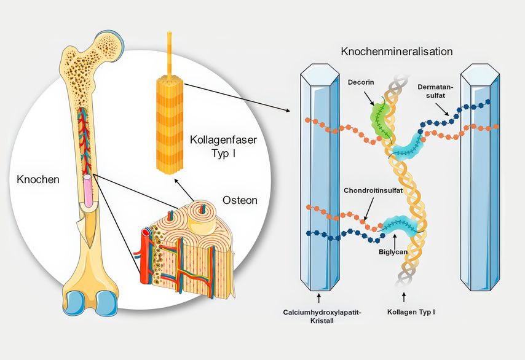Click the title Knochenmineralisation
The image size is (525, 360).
coord(397,52)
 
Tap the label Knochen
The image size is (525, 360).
coord(39,180)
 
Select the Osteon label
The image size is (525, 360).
coord(239,201)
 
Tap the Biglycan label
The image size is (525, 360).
coord(392,251)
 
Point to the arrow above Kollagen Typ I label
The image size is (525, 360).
coord(404,297)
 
